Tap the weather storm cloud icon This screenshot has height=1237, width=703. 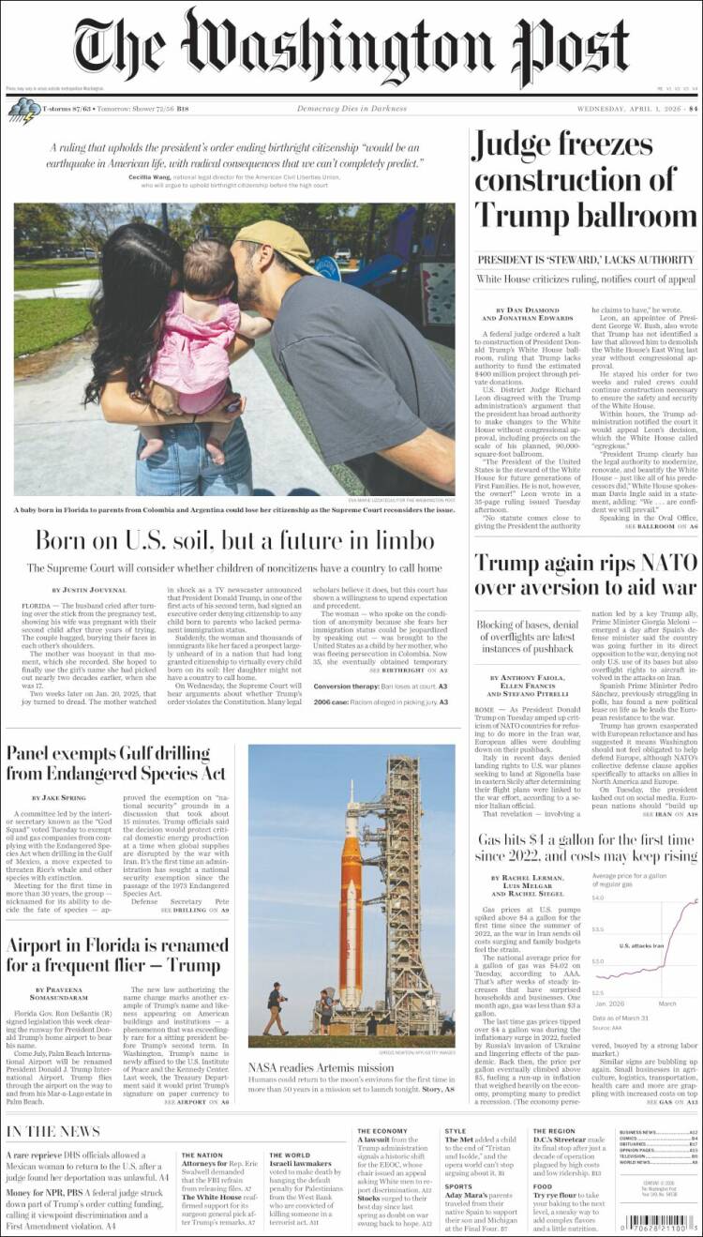click(22, 110)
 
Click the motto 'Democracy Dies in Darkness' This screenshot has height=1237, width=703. click(351, 109)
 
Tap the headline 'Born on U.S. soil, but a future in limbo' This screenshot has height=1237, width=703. click(233, 540)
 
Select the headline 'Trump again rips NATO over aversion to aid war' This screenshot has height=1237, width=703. click(585, 574)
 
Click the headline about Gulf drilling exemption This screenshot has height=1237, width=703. click(116, 762)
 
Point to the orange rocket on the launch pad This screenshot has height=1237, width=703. click(352, 900)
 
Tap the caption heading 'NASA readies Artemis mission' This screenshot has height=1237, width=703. click(321, 1067)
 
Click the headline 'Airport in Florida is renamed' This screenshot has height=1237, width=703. click(113, 955)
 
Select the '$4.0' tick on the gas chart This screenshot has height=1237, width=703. click(597, 898)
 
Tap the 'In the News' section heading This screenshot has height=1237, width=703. click(53, 1131)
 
